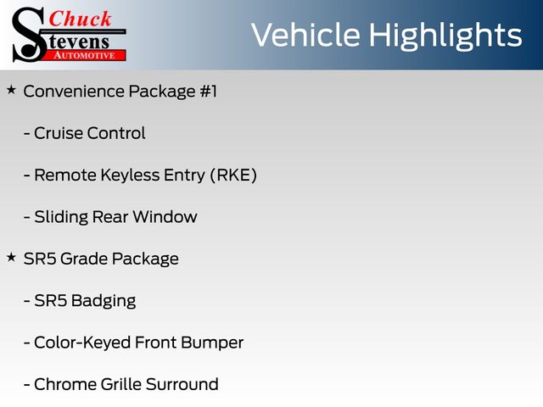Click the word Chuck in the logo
[x=80, y=19]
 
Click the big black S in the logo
[x=29, y=35]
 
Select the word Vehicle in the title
[x=305, y=35]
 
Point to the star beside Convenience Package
[x=11, y=91]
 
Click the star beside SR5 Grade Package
[x=11, y=258]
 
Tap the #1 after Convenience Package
[x=209, y=92]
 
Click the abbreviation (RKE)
[x=234, y=176]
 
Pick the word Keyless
[x=130, y=176]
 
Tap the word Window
[x=165, y=217]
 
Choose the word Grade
[x=84, y=259]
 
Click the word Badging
[x=104, y=301]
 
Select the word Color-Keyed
[x=82, y=343]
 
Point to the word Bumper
[x=212, y=343]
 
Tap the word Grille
[x=121, y=384]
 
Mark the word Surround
[x=182, y=384]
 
